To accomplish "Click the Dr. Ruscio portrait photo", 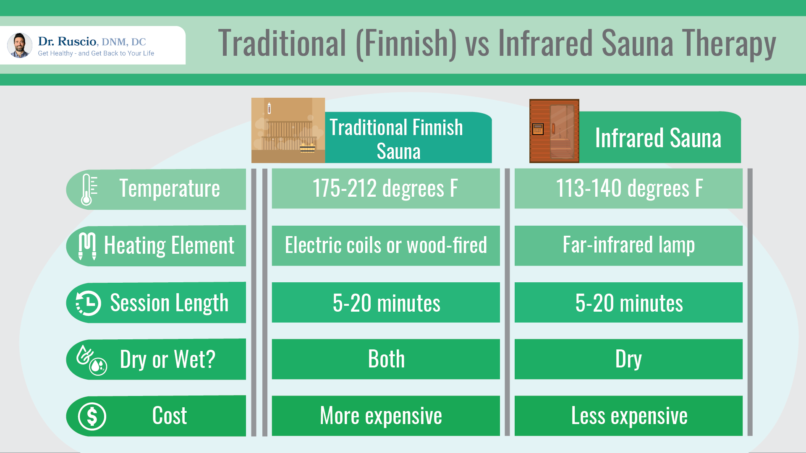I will (x=20, y=45).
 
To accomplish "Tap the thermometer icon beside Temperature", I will (x=87, y=189).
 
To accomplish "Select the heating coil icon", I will (x=87, y=246).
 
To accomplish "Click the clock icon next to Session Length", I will (x=89, y=303).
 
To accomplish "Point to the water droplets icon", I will (x=92, y=360).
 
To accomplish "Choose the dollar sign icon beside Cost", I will (x=92, y=417).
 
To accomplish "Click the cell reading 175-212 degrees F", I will (x=385, y=188).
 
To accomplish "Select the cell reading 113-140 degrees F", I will (x=628, y=188).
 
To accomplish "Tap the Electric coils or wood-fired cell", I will (x=385, y=245).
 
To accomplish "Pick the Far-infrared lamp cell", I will (x=628, y=245).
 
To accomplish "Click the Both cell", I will (x=385, y=359).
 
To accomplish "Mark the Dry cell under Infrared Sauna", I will (x=628, y=359).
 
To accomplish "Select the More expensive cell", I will (x=385, y=416).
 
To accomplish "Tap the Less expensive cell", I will (x=628, y=416).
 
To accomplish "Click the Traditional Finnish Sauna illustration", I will (x=288, y=130).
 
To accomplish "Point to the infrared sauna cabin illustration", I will (x=554, y=131).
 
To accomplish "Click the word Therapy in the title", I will (x=729, y=44).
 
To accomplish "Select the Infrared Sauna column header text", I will (x=658, y=138).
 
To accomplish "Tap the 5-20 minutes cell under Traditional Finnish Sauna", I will (x=385, y=302).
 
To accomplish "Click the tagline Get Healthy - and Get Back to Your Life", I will (x=96, y=53).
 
